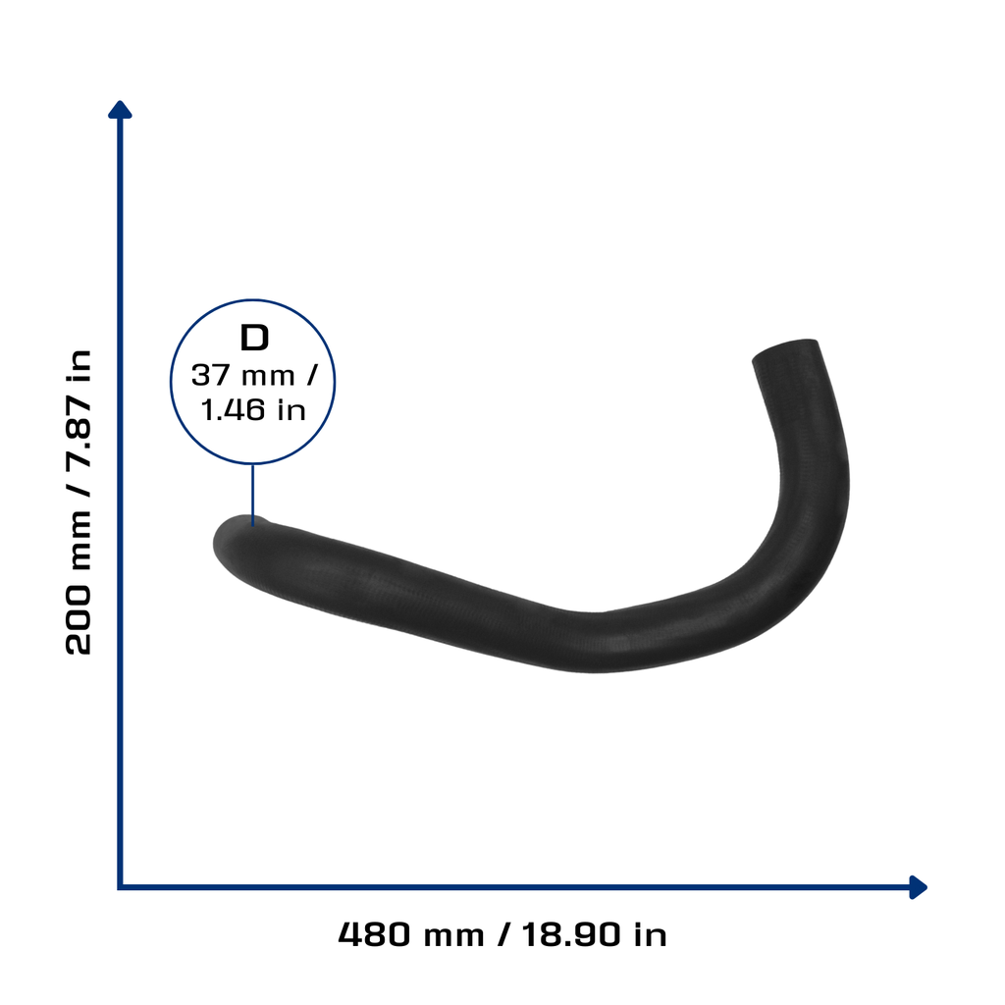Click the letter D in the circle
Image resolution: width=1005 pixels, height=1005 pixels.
(254, 338)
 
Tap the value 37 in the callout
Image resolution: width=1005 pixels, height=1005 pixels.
(211, 376)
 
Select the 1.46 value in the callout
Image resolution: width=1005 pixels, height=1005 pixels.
(233, 410)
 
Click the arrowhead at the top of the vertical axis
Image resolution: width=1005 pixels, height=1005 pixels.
(120, 110)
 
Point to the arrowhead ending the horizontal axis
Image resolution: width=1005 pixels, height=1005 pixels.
(918, 887)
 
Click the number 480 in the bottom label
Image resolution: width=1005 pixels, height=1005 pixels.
(374, 934)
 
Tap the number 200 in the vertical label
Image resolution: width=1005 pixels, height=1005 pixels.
(79, 619)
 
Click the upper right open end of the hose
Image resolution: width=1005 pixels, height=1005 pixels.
(786, 350)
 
